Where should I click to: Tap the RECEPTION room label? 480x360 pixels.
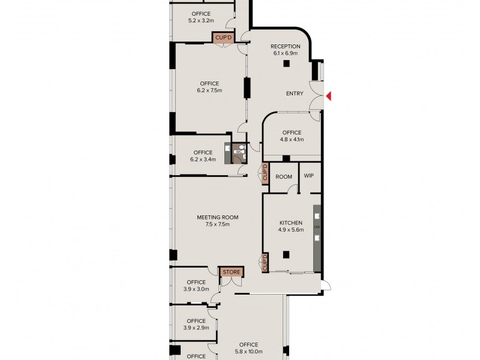tap(285, 47)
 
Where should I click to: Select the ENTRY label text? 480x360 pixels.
tap(295, 94)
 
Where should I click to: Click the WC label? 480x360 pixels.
tap(238, 152)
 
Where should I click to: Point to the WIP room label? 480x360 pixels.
tap(309, 176)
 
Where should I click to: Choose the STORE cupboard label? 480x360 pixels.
tap(231, 272)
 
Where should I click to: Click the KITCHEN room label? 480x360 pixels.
tap(291, 223)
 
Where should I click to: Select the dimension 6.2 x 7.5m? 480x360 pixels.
tap(209, 91)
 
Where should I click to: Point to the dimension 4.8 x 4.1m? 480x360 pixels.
tap(292, 139)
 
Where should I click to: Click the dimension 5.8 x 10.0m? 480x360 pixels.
tap(247, 352)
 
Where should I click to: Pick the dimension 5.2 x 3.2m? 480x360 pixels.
tap(201, 20)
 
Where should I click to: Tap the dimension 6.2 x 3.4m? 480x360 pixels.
tap(203, 160)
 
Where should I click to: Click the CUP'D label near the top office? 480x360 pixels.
tap(221, 38)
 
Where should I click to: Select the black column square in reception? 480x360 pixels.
tap(287, 63)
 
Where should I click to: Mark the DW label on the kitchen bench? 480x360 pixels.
tap(317, 227)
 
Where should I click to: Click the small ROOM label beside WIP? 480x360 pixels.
tap(284, 176)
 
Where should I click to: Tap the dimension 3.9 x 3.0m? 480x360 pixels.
tap(196, 289)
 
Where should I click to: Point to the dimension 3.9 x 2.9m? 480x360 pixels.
tap(196, 328)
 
